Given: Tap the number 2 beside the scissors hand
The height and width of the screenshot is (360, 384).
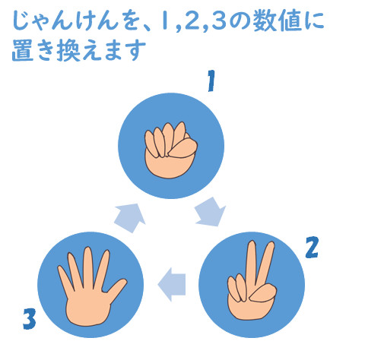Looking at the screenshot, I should point(310,247).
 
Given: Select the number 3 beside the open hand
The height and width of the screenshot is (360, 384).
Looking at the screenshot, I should point(29,317).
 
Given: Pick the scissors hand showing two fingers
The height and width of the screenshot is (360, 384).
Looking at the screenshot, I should point(252,286).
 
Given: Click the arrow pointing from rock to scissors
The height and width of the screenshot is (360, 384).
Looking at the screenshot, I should point(209,211).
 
